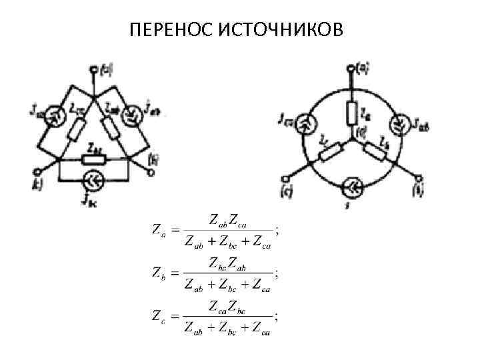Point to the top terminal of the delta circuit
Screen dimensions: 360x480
click(x=91, y=68)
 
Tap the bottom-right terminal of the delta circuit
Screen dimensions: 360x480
click(x=151, y=171)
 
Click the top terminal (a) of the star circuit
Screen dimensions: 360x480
click(x=349, y=67)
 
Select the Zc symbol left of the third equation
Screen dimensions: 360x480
click(x=155, y=315)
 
